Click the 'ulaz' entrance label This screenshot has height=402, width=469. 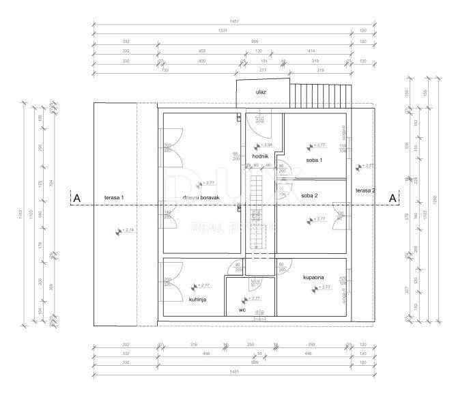pos(261,91)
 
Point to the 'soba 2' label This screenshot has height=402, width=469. pos(309,195)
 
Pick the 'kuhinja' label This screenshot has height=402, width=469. pos(197,299)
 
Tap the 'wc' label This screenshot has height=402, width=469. pos(242,310)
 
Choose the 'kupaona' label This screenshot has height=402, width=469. pos(313,277)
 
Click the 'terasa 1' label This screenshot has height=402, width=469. pos(114,198)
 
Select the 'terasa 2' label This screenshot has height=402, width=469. pos(365,190)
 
